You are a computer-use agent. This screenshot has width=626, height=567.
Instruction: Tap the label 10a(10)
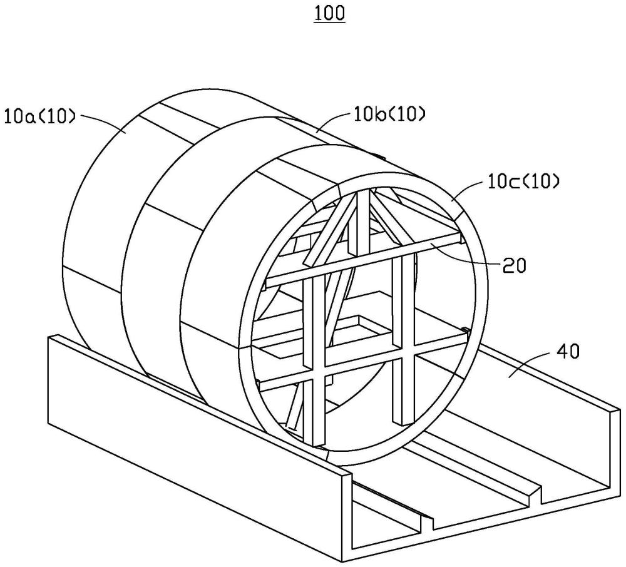40,116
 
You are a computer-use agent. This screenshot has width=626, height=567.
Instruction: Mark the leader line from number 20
463,255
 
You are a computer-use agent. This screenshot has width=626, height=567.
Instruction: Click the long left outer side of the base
188,438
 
